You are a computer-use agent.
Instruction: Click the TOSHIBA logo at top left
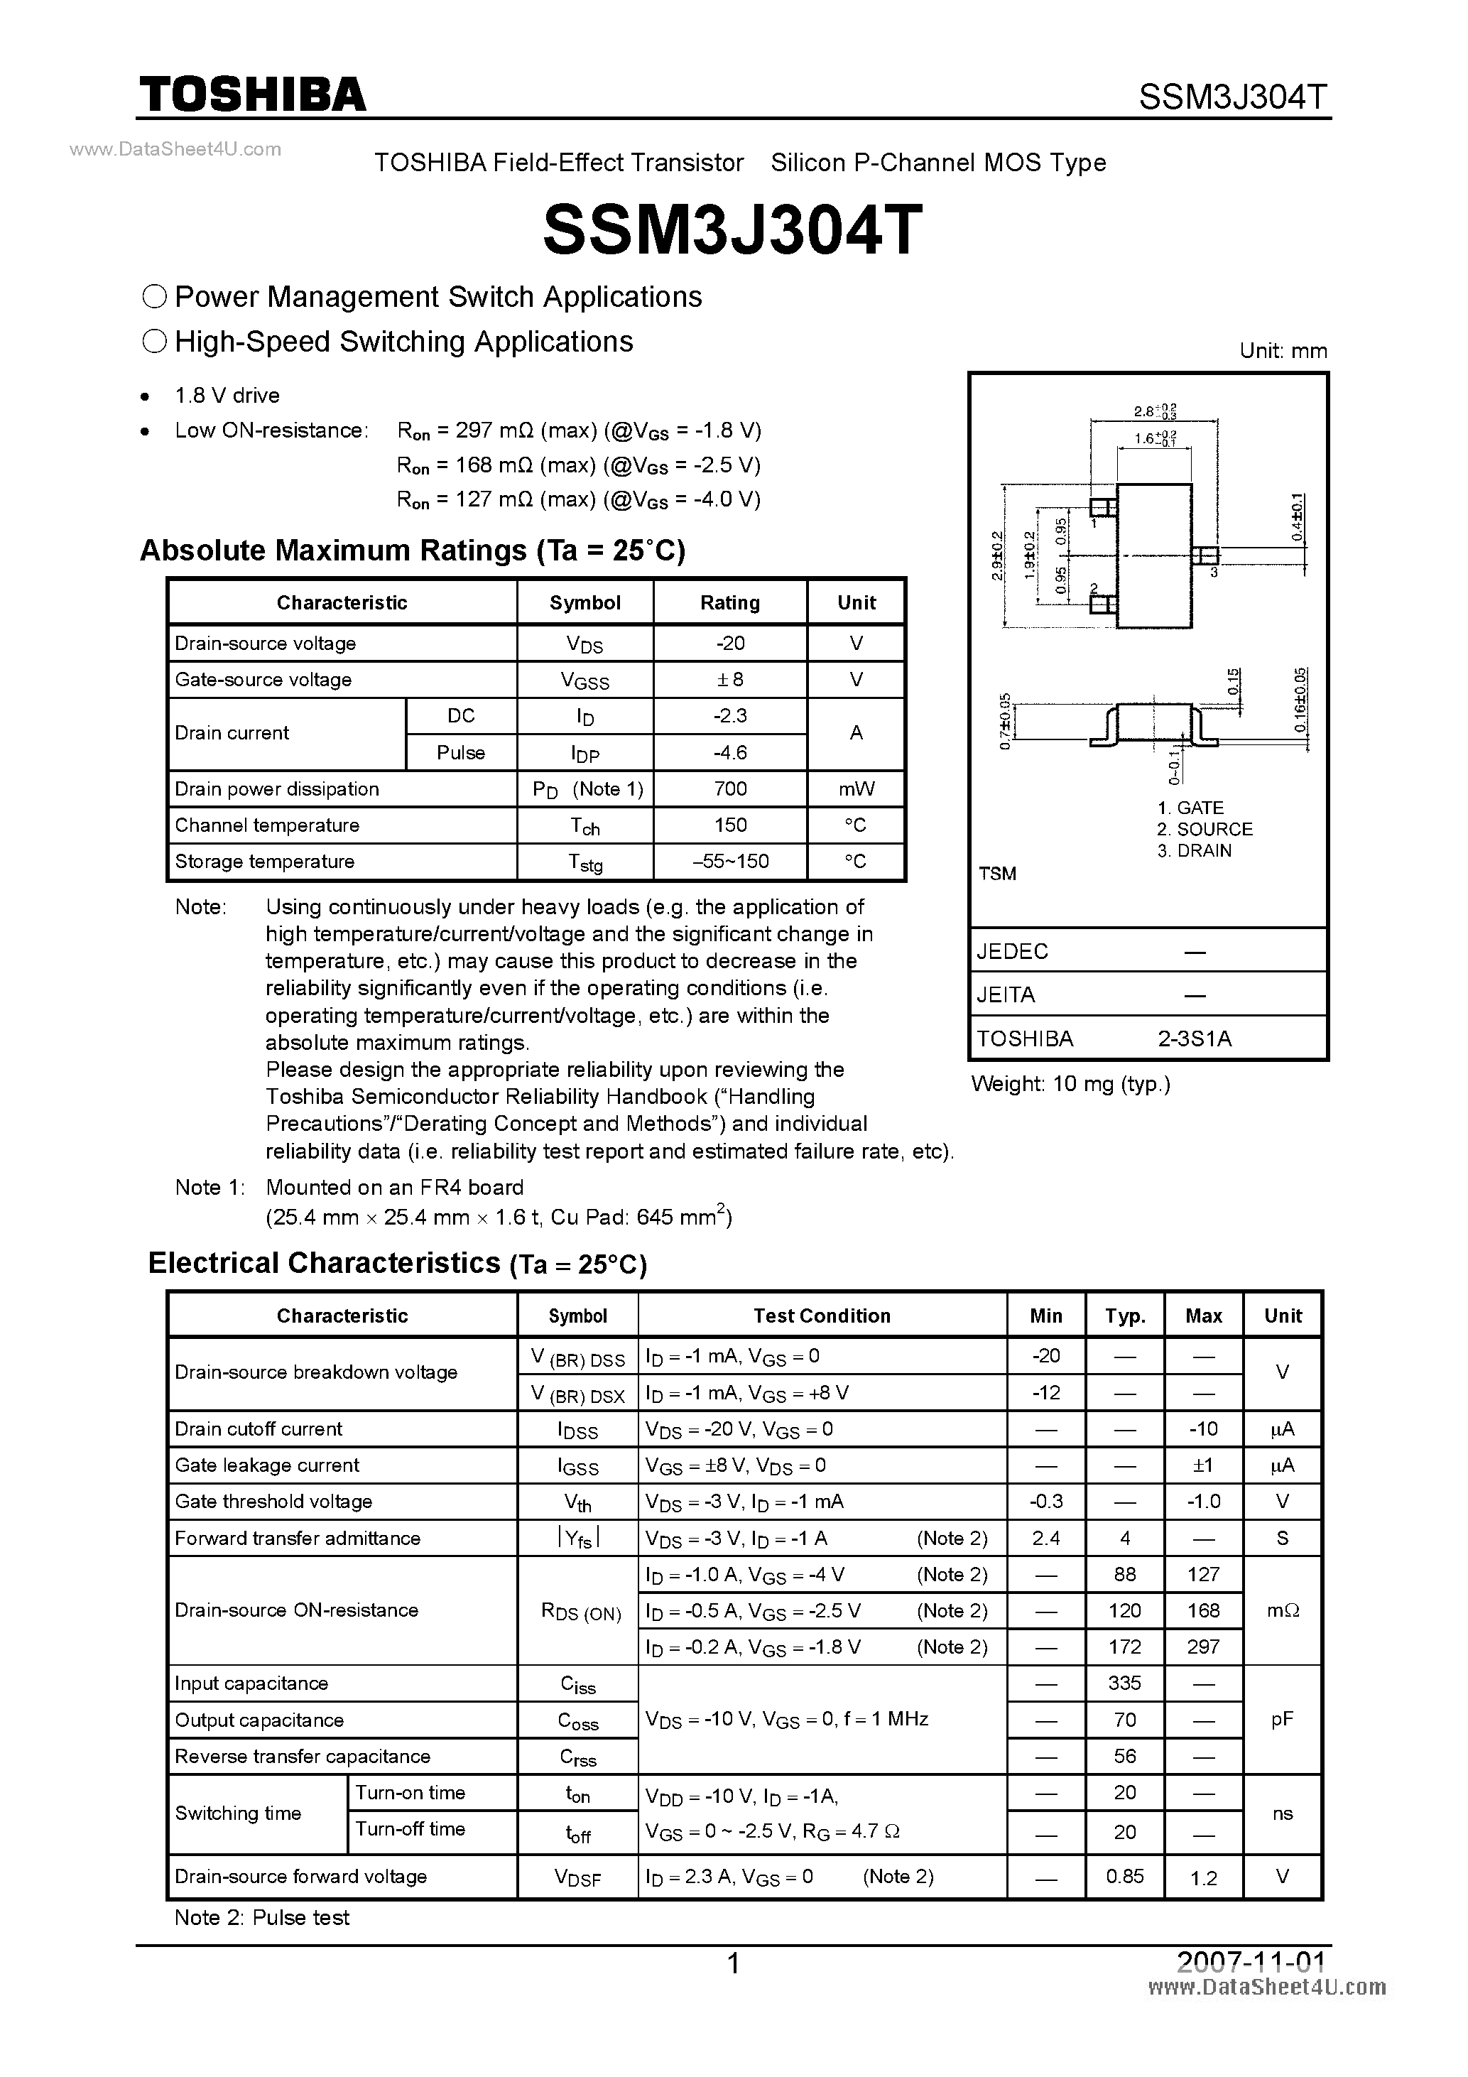(252, 94)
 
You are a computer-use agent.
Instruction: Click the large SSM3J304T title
(733, 229)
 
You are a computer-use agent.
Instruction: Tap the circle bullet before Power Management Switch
(155, 297)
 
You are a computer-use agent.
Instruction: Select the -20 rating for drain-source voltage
(730, 643)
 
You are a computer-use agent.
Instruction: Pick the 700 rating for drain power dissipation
(730, 789)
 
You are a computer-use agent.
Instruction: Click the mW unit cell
(856, 789)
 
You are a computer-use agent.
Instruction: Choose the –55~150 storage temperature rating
(730, 861)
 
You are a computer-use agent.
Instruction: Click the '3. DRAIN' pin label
(1194, 850)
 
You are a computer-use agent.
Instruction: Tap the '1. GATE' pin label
(1190, 808)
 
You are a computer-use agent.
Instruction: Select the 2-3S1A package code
(1194, 1038)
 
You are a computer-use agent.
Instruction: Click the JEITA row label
(1006, 995)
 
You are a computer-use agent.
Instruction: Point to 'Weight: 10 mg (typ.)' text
(1071, 1084)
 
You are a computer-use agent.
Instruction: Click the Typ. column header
(1124, 1316)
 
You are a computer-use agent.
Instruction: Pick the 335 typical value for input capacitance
(1124, 1683)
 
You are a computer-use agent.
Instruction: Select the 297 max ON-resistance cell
(1203, 1647)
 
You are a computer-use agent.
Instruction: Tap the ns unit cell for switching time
(1282, 1813)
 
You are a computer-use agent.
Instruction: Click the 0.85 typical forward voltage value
(1124, 1876)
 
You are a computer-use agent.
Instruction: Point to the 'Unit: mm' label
(1283, 351)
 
